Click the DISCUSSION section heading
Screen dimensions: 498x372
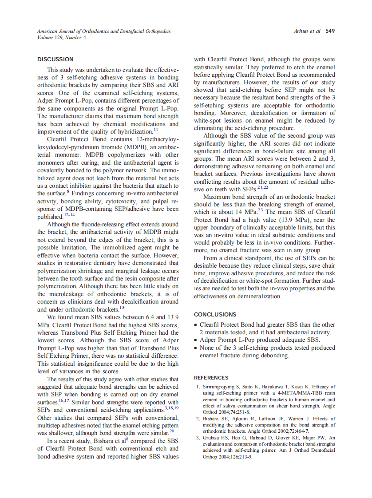[x=55, y=59]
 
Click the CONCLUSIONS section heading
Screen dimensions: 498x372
[x=215, y=315]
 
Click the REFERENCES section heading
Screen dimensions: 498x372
[x=211, y=378]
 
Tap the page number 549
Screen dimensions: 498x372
[x=330, y=31]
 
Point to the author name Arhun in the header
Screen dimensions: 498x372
[x=301, y=31]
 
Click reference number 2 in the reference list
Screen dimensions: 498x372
[x=198, y=419]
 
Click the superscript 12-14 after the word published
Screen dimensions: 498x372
[x=69, y=215]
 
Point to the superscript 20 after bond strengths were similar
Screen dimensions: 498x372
[x=172, y=430]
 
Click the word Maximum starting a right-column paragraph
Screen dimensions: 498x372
[x=218, y=196]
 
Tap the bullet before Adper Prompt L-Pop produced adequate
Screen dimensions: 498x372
[x=196, y=340]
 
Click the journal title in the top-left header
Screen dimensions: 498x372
[x=104, y=31]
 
